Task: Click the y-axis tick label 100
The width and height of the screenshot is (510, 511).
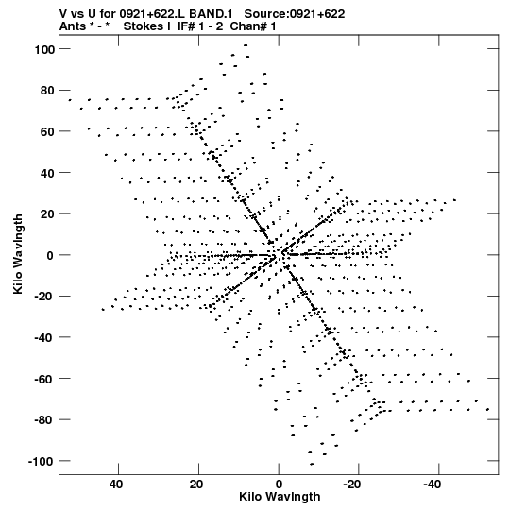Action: [x=44, y=49]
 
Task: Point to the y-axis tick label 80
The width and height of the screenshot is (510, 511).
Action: [x=47, y=91]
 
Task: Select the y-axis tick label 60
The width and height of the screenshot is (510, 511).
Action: [x=47, y=132]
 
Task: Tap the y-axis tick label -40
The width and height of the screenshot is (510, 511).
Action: [x=44, y=337]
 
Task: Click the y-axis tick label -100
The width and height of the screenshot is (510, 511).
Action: [x=42, y=462]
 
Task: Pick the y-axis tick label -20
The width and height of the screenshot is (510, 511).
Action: [x=44, y=297]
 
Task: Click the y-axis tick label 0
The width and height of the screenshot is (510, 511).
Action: [x=50, y=255]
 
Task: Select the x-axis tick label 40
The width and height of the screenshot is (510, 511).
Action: [x=117, y=485]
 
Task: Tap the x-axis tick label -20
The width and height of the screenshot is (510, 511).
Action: [x=352, y=485]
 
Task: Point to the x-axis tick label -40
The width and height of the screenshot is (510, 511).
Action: [x=433, y=485]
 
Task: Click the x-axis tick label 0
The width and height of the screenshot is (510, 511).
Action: [x=279, y=485]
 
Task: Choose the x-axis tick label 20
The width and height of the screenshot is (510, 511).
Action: [x=196, y=485]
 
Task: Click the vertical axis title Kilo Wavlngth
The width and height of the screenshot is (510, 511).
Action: [x=18, y=254]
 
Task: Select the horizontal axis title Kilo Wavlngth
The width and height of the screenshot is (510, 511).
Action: [x=280, y=497]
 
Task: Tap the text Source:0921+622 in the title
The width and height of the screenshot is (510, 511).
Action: [x=295, y=14]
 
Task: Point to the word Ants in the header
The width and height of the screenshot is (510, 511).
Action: [x=73, y=26]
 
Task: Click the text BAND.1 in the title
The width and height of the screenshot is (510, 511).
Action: [x=211, y=14]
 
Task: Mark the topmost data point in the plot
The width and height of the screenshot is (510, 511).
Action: [x=246, y=45]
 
